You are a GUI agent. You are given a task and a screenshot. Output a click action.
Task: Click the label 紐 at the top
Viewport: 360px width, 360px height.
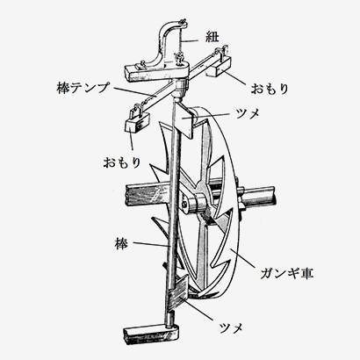click(x=212, y=37)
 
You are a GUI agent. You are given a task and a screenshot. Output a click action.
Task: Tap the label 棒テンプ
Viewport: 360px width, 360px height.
click(x=83, y=88)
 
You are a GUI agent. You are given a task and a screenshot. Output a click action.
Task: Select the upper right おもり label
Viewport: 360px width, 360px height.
click(x=270, y=89)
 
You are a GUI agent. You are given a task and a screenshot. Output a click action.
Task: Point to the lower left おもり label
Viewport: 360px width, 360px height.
click(x=122, y=162)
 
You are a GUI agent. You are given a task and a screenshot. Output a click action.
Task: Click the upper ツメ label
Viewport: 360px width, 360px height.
click(x=248, y=113)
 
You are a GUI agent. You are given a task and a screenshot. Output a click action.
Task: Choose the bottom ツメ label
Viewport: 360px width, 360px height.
click(x=231, y=328)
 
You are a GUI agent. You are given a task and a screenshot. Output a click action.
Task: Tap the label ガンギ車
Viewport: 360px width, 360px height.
click(x=287, y=273)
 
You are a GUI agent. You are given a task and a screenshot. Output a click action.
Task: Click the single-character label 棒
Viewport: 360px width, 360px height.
click(x=121, y=244)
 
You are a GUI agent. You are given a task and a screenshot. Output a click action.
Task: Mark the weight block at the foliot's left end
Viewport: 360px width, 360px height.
click(x=137, y=122)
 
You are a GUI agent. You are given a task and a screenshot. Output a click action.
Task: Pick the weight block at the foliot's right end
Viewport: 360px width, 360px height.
click(x=220, y=67)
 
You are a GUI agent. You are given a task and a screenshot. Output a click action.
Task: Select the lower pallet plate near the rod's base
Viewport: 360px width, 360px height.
click(x=178, y=292)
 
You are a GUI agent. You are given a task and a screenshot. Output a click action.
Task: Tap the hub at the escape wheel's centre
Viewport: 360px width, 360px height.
click(x=200, y=202)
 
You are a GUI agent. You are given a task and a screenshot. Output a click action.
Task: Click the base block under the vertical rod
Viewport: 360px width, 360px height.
click(x=151, y=334)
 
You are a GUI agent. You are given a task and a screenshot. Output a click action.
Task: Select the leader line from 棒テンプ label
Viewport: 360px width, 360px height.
click(x=133, y=92)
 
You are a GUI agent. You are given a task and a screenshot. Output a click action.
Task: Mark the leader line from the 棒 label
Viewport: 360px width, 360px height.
click(x=151, y=244)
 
